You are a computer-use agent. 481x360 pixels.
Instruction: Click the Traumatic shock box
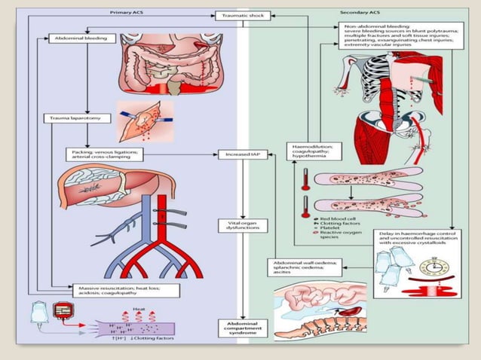(239, 15)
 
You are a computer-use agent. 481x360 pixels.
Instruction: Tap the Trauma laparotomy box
(72, 118)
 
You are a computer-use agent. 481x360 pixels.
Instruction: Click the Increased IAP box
(239, 154)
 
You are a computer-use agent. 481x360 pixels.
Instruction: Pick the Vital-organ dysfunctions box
(239, 225)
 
